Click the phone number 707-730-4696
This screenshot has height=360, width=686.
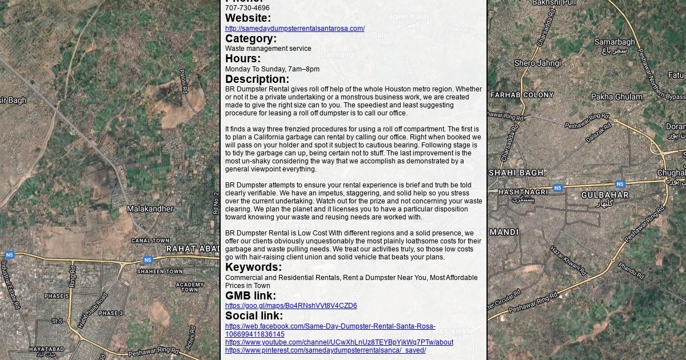(247, 8)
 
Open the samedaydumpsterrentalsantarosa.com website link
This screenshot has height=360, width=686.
(294, 29)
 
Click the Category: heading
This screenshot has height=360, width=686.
(250, 38)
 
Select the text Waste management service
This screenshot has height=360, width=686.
(268, 49)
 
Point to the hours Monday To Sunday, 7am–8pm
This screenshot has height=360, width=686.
(272, 69)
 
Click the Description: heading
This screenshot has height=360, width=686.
(257, 79)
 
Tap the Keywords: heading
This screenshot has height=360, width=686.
(253, 267)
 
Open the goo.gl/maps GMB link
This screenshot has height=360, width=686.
(290, 306)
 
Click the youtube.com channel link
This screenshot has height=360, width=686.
(339, 342)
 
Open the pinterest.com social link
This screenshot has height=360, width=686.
(325, 350)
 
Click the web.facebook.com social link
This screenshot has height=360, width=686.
(330, 326)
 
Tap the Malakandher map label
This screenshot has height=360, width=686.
(150, 209)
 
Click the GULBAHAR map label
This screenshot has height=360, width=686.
(605, 195)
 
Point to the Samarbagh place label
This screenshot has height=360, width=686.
(615, 42)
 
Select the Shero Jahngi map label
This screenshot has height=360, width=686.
(537, 63)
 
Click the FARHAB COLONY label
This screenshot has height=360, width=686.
(522, 95)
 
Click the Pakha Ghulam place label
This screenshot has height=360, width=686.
(617, 97)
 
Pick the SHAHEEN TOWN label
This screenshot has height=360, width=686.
(159, 271)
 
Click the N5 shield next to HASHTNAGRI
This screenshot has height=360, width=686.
(557, 188)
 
